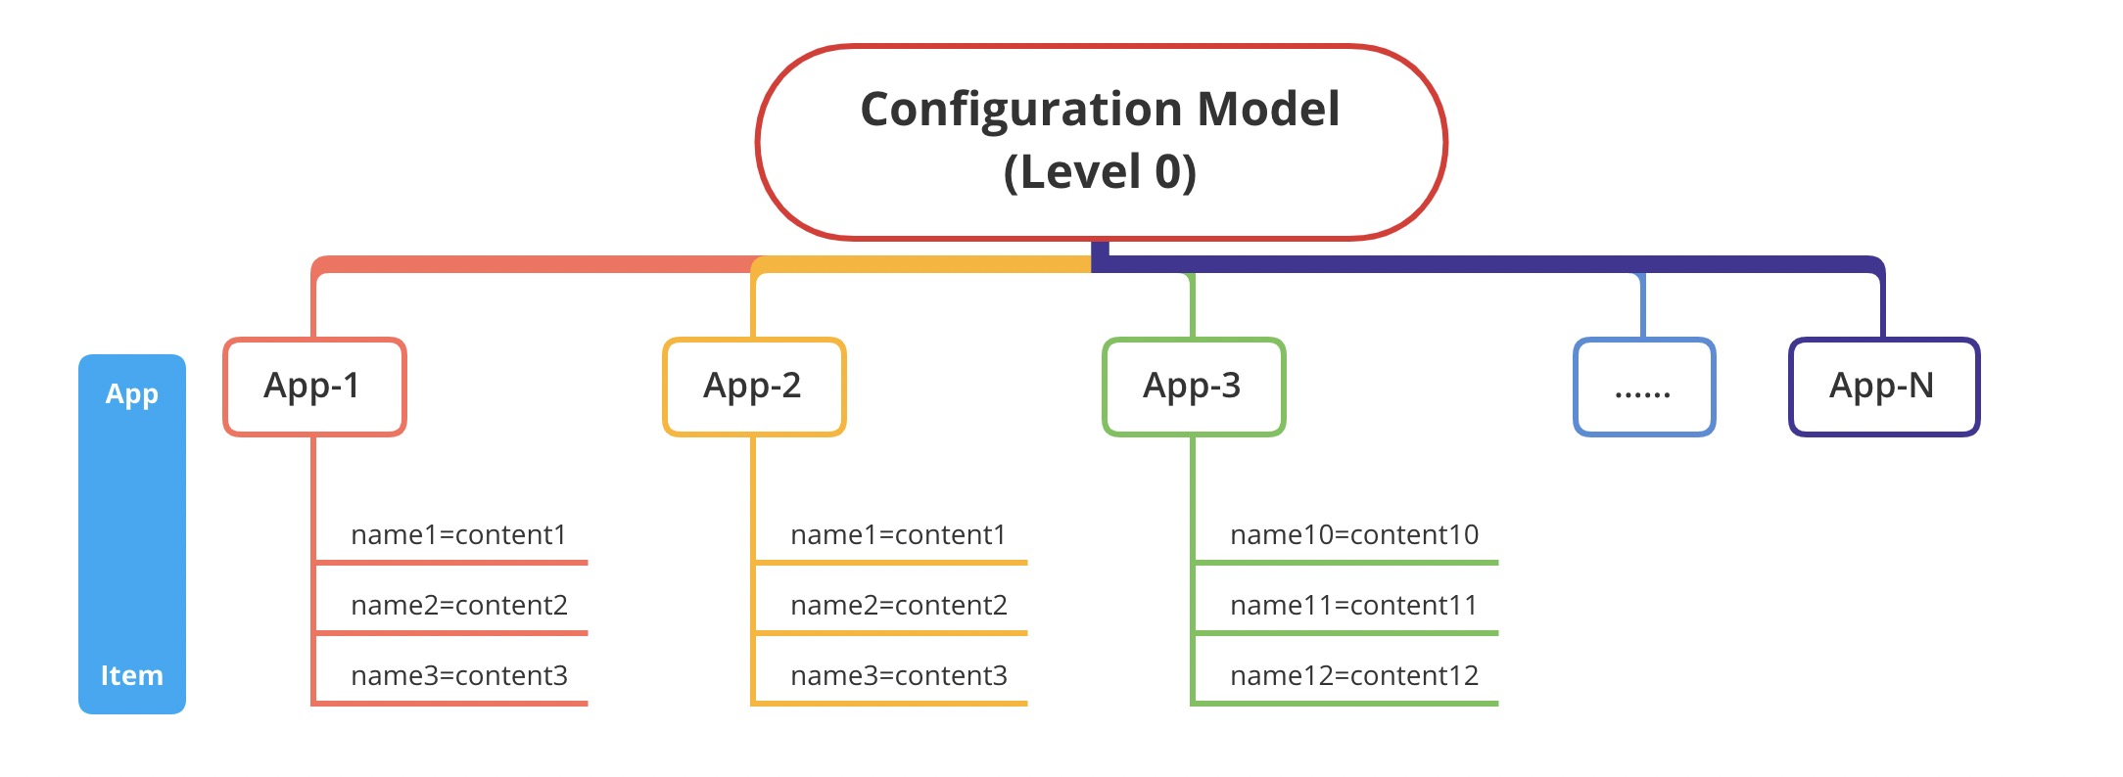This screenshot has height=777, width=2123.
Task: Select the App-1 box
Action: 313,387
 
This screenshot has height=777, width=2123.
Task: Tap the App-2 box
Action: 753,387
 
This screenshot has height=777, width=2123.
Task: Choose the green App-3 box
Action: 1193,387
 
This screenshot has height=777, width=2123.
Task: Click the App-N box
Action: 1883,387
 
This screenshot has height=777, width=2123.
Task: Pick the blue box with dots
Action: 1643,387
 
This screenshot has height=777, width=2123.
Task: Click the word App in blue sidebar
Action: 131,393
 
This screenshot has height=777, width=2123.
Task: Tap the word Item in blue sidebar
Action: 131,675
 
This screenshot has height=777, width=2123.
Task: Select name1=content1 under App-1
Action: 458,535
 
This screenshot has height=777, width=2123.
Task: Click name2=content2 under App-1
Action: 458,606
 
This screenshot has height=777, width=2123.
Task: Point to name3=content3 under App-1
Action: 458,676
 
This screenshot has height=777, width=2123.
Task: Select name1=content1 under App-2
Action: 898,535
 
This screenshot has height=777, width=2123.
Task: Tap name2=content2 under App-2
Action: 898,606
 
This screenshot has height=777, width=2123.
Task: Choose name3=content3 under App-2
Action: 898,676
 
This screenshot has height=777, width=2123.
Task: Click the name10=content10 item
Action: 1353,535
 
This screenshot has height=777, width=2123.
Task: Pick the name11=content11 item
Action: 1353,606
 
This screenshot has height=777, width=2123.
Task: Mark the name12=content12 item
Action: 1353,676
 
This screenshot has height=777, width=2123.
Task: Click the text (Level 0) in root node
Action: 1100,172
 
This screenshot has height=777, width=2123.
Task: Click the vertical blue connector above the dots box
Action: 1642,306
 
